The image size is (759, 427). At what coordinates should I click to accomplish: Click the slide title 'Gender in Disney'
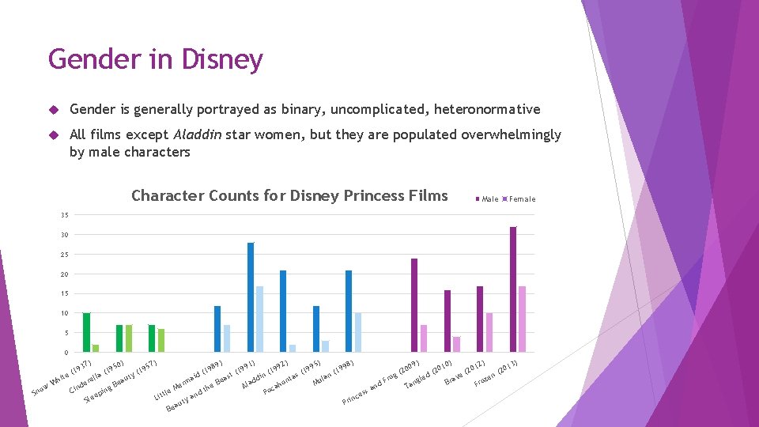(x=155, y=60)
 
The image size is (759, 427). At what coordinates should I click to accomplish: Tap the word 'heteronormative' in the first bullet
(x=489, y=109)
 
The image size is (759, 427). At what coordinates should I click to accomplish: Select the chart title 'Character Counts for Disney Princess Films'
(x=289, y=196)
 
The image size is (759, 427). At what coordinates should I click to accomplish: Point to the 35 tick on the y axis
(x=64, y=215)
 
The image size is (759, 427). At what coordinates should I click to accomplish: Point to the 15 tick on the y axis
(x=64, y=293)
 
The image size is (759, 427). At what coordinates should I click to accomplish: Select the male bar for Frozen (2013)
(x=513, y=289)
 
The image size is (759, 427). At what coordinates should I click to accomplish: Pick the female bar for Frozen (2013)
(x=522, y=319)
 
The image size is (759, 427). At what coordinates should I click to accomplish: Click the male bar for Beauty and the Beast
(x=251, y=297)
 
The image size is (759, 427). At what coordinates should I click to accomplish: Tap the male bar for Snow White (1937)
(x=87, y=332)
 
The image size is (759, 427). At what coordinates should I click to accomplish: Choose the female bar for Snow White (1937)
(x=96, y=348)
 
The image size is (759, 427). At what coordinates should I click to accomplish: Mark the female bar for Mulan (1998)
(x=357, y=332)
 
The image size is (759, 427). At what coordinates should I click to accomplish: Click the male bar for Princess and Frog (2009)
(x=414, y=305)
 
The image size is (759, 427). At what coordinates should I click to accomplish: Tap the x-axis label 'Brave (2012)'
(x=463, y=374)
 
